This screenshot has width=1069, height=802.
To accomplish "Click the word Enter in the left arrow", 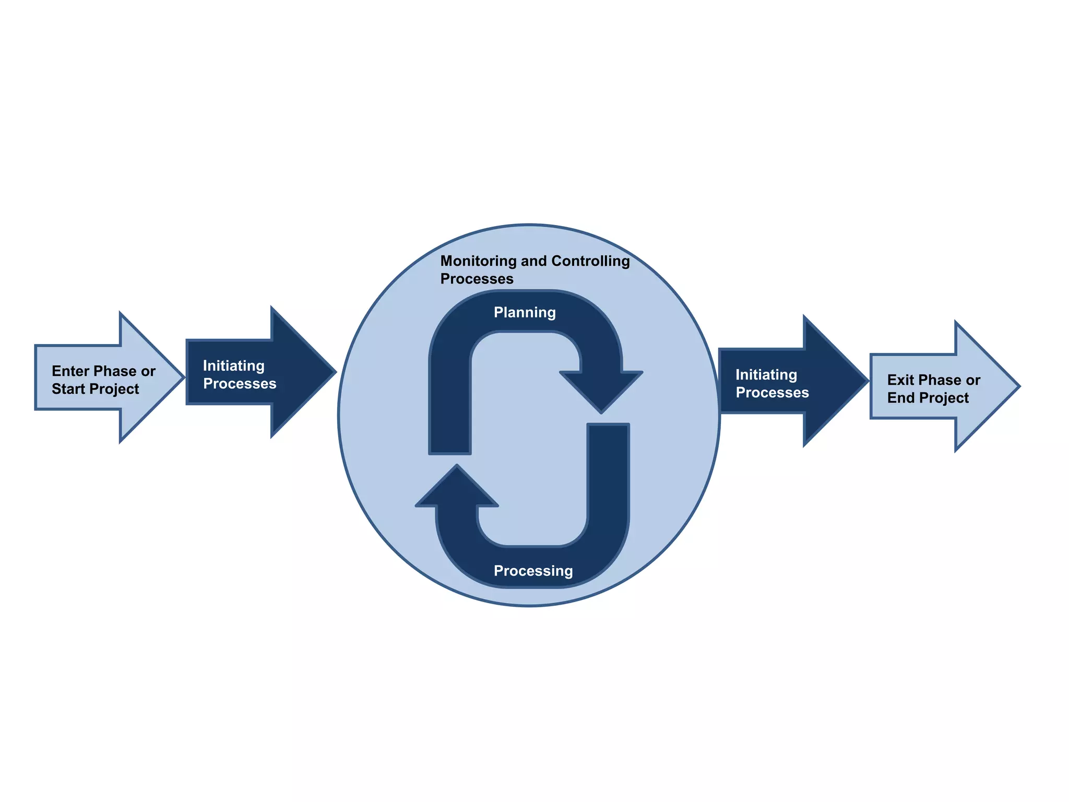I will click(71, 371).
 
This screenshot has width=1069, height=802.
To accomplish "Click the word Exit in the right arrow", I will click(900, 380).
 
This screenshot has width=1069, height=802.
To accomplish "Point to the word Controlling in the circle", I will click(590, 261).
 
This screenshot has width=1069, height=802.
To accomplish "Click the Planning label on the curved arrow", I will click(525, 312).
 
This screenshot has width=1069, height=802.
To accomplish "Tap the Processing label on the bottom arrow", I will click(533, 571).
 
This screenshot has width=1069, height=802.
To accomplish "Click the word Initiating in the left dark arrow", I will click(233, 365).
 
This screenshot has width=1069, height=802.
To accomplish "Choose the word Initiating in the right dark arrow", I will click(766, 375).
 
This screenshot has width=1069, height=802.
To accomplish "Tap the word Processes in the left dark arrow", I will click(240, 384).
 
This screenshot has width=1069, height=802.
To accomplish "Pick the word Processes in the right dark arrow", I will click(772, 393).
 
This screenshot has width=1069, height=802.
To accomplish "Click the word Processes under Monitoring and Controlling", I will click(477, 279).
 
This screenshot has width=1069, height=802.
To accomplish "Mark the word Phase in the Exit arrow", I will click(940, 380).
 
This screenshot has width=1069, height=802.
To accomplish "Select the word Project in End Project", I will click(942, 398).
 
